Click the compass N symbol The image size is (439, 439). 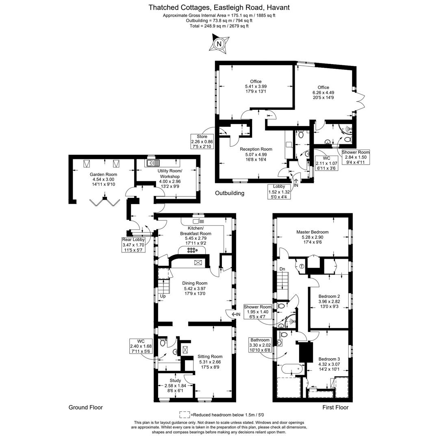click(x=219, y=43)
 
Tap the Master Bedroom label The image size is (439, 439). click(x=313, y=232)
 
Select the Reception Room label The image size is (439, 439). click(x=256, y=149)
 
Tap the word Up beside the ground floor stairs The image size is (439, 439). click(x=163, y=296)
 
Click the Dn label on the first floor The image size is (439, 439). click(x=282, y=269)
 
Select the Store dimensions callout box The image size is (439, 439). click(x=202, y=142)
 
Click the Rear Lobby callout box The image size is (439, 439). click(x=134, y=245)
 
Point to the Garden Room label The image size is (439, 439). click(x=103, y=174)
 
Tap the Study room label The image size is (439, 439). click(x=175, y=380)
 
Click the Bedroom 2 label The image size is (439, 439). click(x=329, y=296)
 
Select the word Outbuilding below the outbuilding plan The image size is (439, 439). click(x=230, y=193)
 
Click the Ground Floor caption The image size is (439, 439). click(x=86, y=407)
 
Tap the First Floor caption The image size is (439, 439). click(x=335, y=407)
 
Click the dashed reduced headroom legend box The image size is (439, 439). click(x=185, y=415)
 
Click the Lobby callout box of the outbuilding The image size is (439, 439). click(x=279, y=191)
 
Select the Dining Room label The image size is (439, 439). click(x=195, y=283)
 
